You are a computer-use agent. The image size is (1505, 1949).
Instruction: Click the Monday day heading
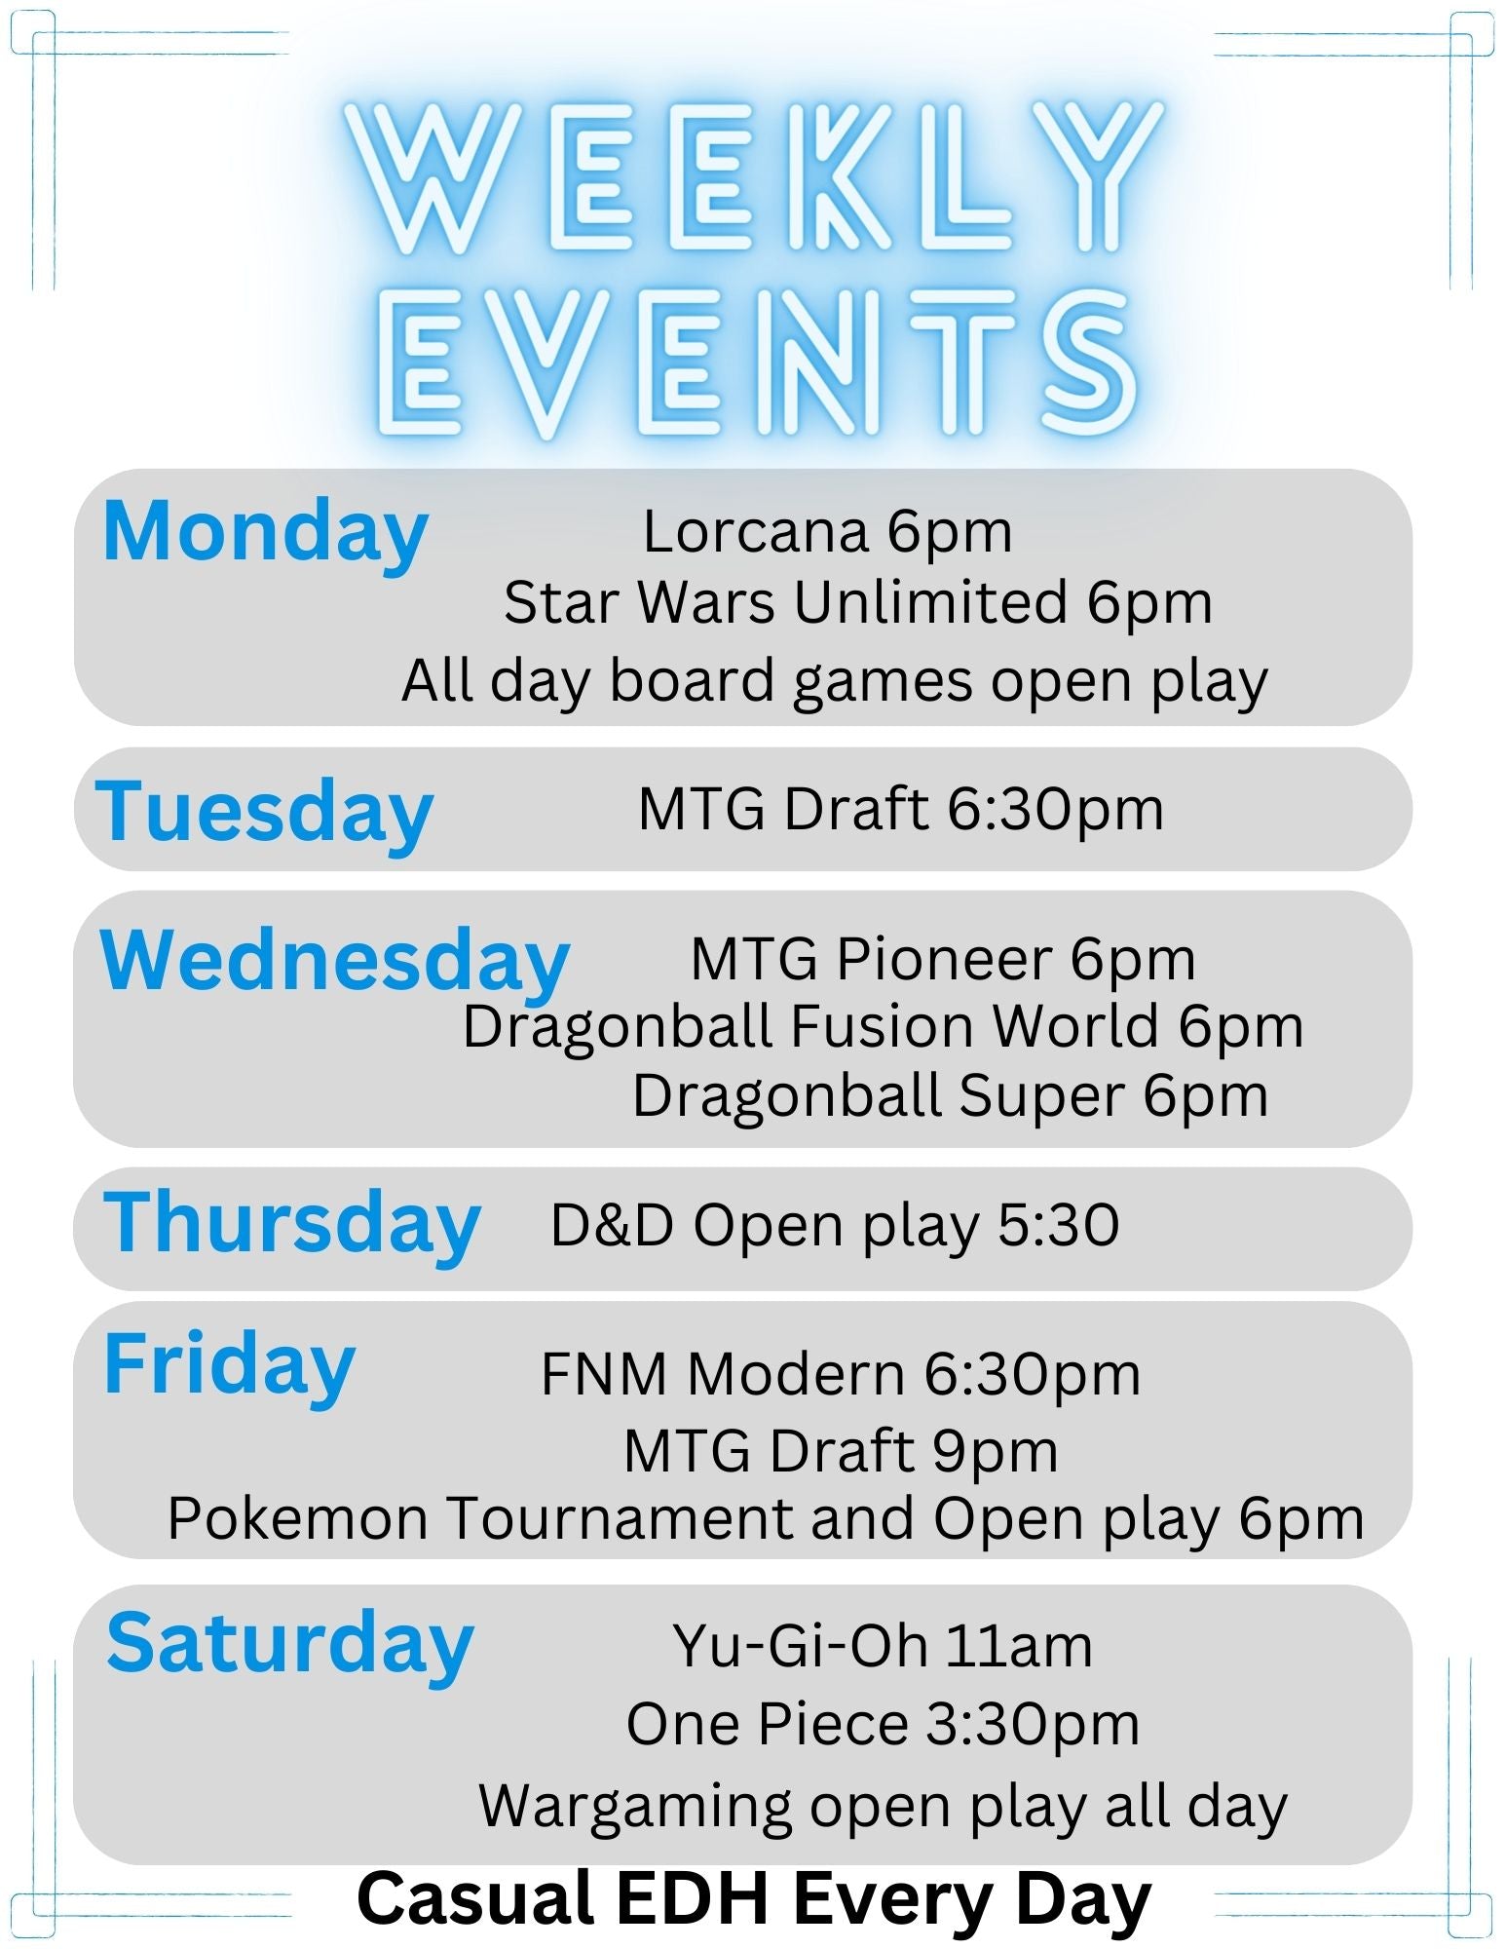(265, 533)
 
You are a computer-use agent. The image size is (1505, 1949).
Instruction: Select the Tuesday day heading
(264, 813)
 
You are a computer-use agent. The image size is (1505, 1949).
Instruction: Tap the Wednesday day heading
(334, 962)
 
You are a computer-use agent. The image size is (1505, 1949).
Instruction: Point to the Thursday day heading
(292, 1225)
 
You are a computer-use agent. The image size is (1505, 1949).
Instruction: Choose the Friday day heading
(229, 1367)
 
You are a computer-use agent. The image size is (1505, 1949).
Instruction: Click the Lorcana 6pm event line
(827, 533)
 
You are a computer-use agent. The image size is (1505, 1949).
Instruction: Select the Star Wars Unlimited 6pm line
(858, 604)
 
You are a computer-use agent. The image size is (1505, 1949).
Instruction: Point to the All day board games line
(835, 681)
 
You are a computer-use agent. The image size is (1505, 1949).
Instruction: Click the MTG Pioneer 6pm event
(943, 960)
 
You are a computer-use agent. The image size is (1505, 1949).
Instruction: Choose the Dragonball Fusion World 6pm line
(883, 1028)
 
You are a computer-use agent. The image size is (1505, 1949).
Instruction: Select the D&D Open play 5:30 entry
(835, 1226)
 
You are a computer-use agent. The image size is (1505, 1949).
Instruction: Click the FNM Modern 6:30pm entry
(841, 1375)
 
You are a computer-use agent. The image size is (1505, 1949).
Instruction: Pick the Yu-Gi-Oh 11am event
(883, 1647)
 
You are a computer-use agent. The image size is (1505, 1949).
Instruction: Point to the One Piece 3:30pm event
(883, 1726)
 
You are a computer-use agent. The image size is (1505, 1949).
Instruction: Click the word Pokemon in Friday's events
(298, 1520)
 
